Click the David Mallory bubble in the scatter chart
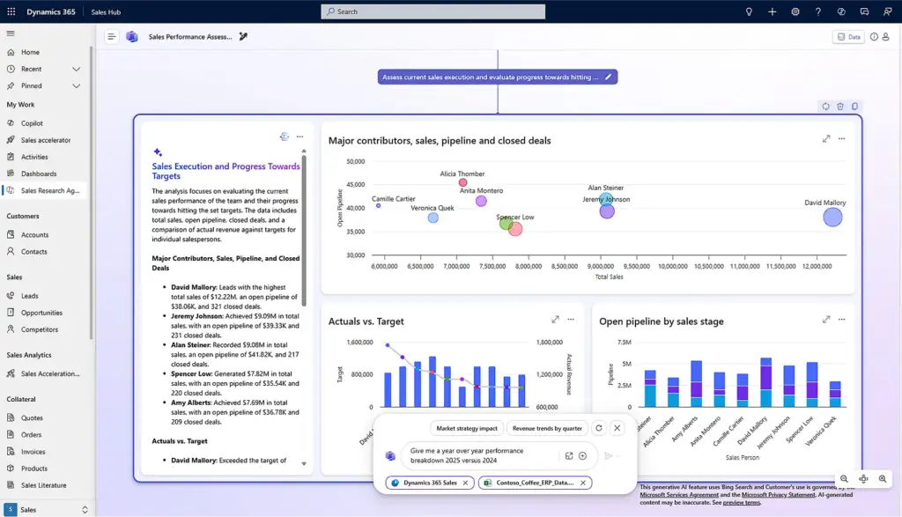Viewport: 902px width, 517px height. tap(832, 217)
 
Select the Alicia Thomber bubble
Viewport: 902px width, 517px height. tap(463, 183)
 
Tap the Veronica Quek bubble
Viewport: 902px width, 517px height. tap(433, 218)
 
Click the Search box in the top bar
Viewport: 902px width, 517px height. tap(433, 11)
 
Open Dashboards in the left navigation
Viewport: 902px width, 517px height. tap(39, 174)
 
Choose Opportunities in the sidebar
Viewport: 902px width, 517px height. tap(41, 313)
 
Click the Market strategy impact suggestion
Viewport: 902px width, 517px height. tap(467, 428)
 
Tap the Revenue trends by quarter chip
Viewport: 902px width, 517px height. tap(547, 428)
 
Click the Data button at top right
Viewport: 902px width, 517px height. tap(849, 37)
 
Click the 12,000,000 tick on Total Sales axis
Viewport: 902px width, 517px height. tap(817, 266)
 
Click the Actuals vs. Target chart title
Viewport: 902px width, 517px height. tap(366, 321)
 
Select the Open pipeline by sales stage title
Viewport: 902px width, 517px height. tap(661, 321)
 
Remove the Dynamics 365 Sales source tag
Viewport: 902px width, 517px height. tap(465, 483)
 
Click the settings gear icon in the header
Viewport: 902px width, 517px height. tap(795, 11)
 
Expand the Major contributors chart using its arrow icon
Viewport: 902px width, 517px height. tap(825, 138)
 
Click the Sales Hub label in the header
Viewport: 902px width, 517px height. tap(106, 11)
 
